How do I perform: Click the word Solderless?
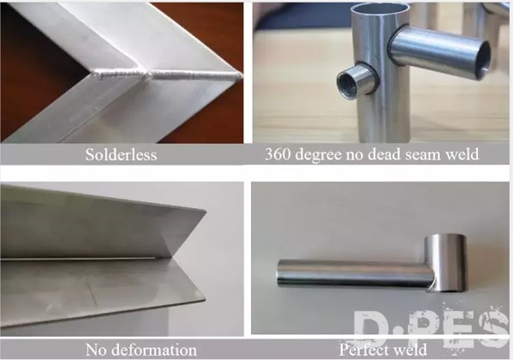click(121, 154)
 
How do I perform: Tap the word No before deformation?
click(97, 350)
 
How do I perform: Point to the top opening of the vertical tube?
click(380, 9)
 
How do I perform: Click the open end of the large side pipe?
click(482, 61)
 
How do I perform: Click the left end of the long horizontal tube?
click(278, 273)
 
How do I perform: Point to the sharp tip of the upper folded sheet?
click(206, 212)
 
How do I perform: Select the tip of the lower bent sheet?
click(205, 298)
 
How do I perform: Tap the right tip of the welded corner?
click(242, 76)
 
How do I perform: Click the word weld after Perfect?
click(410, 350)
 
